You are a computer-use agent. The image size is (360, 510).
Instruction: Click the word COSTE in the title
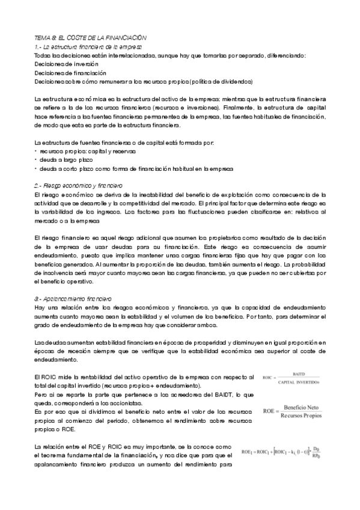[72, 37]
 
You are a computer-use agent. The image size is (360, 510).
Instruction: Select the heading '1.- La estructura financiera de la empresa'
[88, 46]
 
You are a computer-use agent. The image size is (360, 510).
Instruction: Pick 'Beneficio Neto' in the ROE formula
[301, 407]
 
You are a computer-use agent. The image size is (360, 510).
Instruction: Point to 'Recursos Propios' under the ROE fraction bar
[301, 416]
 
